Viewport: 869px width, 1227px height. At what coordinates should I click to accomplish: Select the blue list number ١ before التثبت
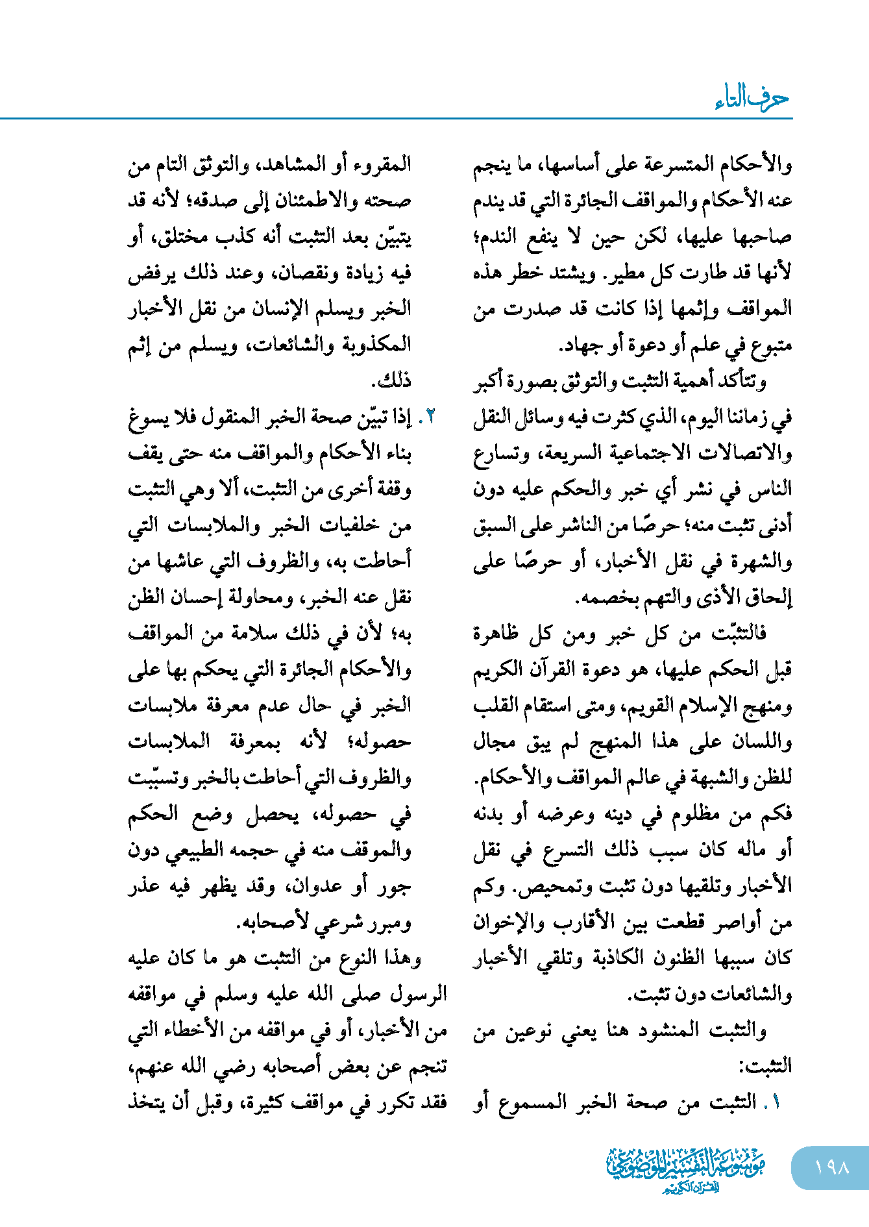click(x=776, y=1102)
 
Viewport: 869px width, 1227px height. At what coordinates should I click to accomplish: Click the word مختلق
click(x=184, y=237)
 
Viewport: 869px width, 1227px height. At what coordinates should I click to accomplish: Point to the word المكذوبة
click(x=376, y=345)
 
